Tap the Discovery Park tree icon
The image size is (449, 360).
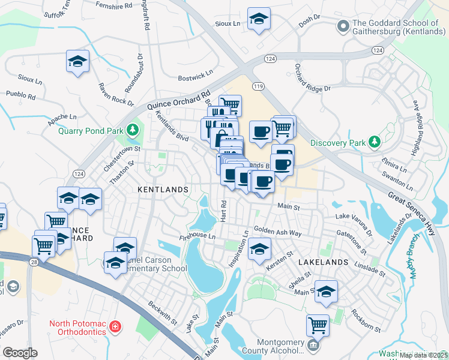[x=375, y=142]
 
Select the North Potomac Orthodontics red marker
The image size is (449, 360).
[x=115, y=328]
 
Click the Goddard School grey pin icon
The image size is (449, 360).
[x=343, y=26]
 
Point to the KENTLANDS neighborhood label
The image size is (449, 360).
[x=163, y=190]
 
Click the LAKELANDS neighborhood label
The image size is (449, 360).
[x=323, y=262]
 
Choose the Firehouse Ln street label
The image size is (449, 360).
[x=197, y=236]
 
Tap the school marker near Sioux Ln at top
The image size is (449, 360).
[x=259, y=19]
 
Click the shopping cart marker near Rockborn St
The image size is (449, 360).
[x=318, y=325]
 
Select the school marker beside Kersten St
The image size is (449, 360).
[x=259, y=248]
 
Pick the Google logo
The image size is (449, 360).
[x=20, y=352]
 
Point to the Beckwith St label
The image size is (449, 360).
[x=163, y=312]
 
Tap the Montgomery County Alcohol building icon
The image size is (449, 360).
[x=313, y=345]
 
